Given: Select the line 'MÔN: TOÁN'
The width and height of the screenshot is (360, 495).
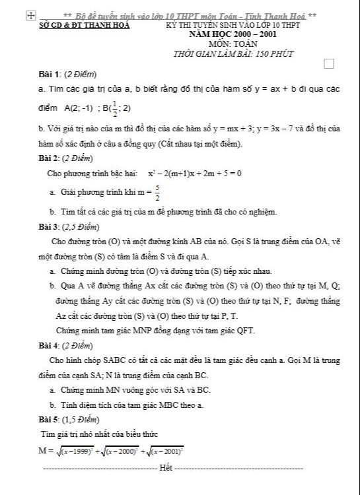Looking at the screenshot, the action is (x=231, y=43).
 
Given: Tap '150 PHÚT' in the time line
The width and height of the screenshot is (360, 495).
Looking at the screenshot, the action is (x=270, y=54).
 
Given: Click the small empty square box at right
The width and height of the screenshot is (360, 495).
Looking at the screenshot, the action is (x=330, y=63).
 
